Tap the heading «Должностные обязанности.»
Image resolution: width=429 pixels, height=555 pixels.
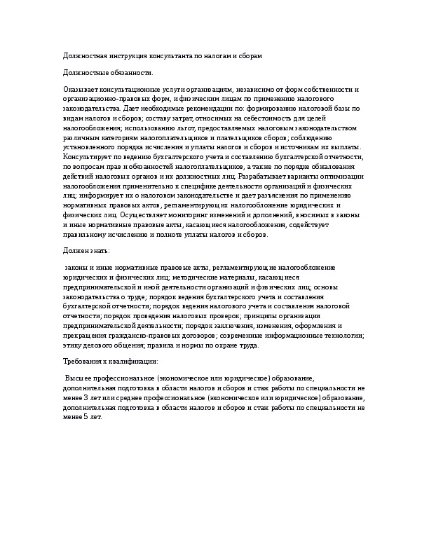(107, 72)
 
